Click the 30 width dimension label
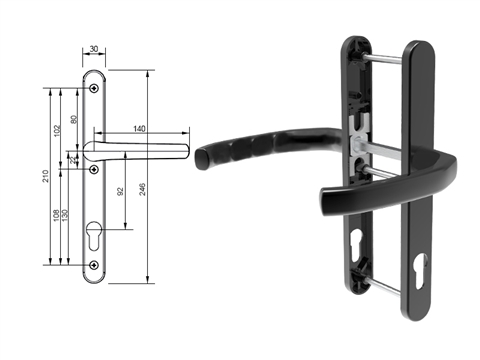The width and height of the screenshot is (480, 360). click(x=94, y=49)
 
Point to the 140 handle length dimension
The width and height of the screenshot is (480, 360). click(x=139, y=128)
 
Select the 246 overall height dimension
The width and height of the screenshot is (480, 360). click(x=142, y=189)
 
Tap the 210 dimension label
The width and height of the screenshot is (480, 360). click(x=45, y=176)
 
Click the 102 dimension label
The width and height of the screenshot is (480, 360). click(x=57, y=131)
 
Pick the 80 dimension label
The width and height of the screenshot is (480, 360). click(x=74, y=119)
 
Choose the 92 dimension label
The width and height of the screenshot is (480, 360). click(x=120, y=192)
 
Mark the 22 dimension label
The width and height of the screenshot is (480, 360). click(x=73, y=160)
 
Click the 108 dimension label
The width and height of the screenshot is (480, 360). click(x=56, y=215)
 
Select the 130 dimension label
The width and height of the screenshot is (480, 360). click(x=65, y=215)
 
